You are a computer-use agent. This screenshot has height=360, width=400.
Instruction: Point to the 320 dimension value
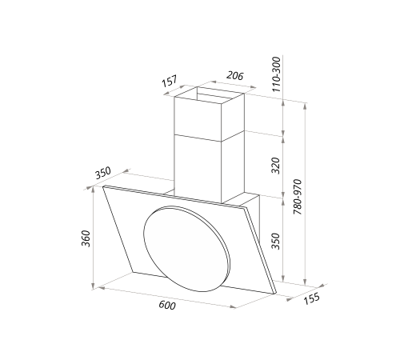tap(276, 166)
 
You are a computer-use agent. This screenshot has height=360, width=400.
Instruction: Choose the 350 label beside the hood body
tap(276, 241)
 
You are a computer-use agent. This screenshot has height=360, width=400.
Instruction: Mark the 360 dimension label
tap(84, 238)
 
